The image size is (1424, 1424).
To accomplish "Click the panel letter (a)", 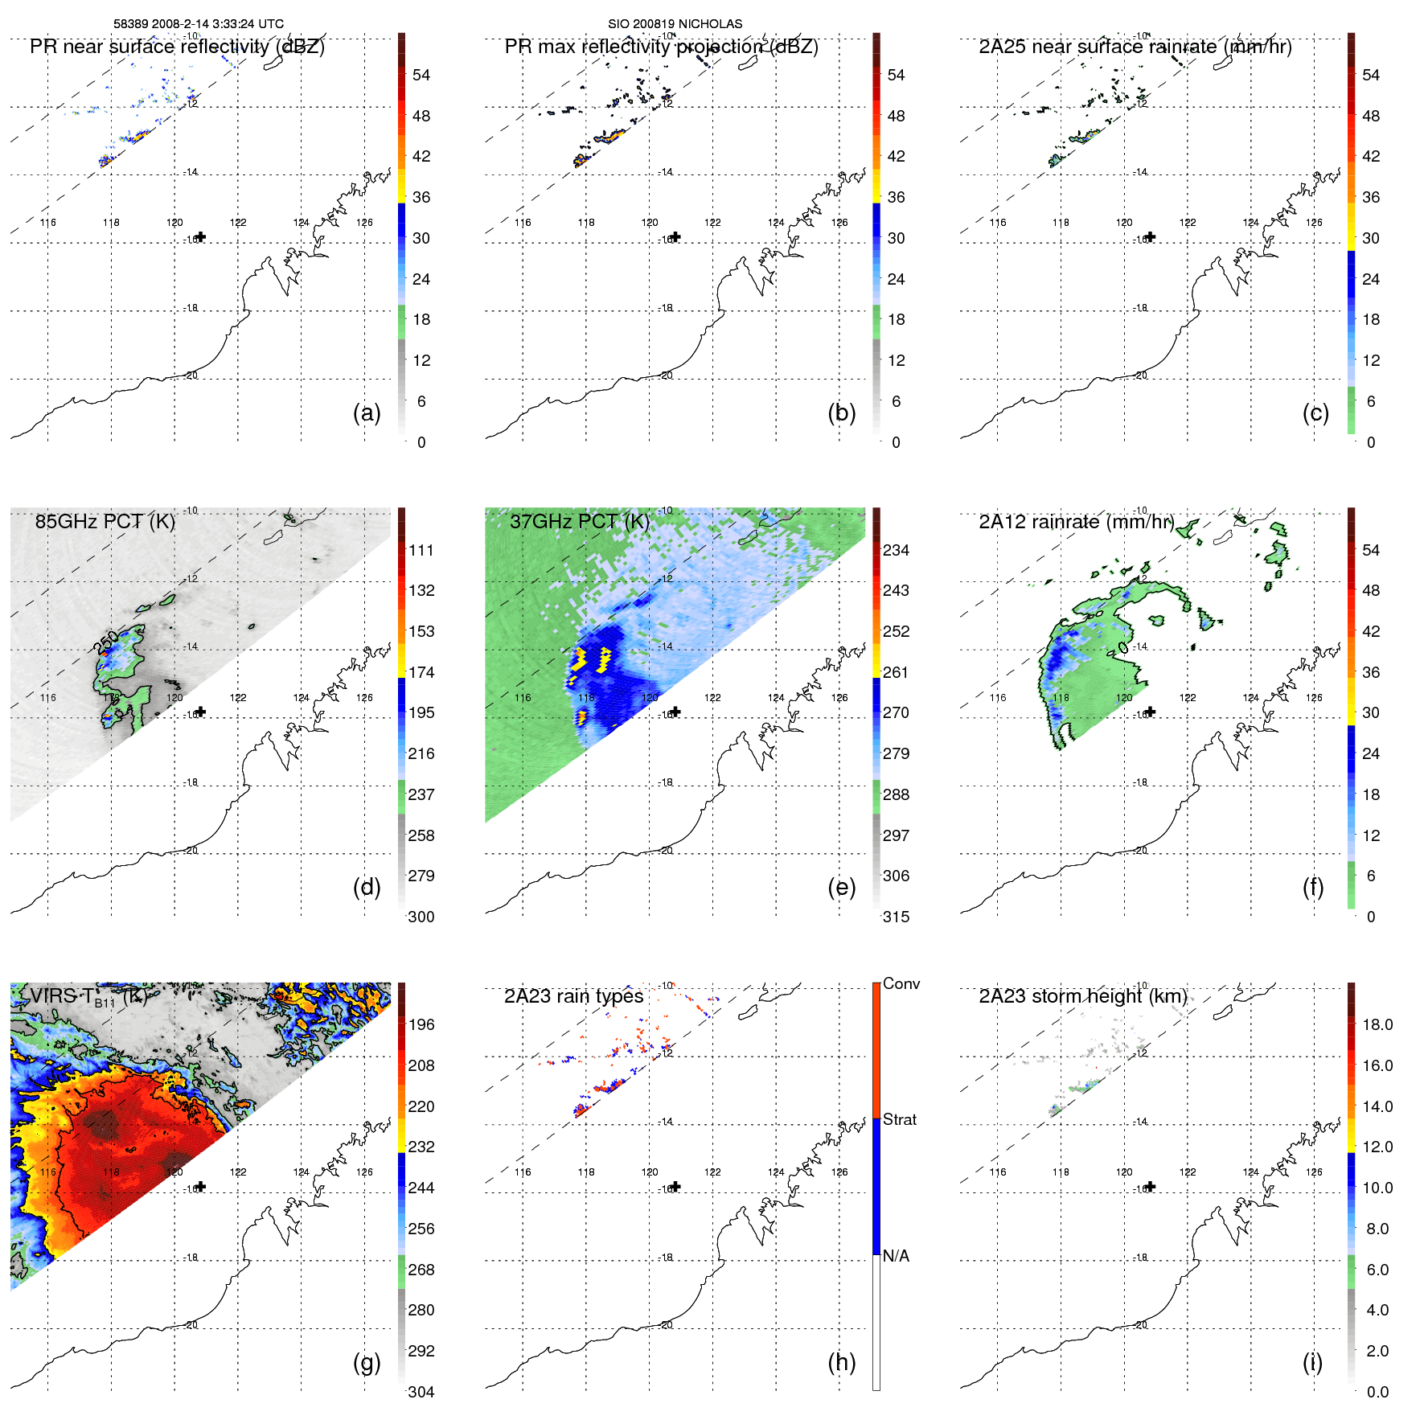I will click(x=367, y=412).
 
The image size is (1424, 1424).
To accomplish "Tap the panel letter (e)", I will click(x=841, y=887).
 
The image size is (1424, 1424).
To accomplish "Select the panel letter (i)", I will click(x=1312, y=1362).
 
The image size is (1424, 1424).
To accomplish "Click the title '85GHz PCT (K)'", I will click(x=105, y=522).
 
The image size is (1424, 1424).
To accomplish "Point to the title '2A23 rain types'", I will click(x=573, y=996).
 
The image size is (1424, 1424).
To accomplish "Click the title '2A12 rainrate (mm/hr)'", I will click(x=1076, y=522).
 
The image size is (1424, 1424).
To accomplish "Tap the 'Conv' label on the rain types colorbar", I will click(x=901, y=984).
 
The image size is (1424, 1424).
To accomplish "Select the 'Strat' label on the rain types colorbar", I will click(x=900, y=1119).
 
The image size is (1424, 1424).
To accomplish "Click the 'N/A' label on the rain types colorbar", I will click(x=896, y=1256).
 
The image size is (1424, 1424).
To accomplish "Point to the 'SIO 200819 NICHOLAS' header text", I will click(x=675, y=24).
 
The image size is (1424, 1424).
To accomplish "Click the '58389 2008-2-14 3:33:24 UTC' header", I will click(x=199, y=24).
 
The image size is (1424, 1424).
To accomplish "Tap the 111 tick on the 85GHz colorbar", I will click(x=421, y=551).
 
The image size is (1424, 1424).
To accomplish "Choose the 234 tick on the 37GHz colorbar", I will click(x=896, y=551).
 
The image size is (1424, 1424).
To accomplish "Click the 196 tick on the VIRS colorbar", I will click(x=421, y=1025).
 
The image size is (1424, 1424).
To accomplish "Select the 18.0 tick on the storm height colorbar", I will click(x=1377, y=1025).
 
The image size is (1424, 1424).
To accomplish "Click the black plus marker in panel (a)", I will click(x=201, y=236).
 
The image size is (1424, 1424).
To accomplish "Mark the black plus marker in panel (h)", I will click(x=676, y=1186).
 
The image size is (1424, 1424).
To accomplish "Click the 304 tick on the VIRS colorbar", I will click(x=421, y=1392).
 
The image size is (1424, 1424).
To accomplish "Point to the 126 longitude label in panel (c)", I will click(x=1314, y=223).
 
